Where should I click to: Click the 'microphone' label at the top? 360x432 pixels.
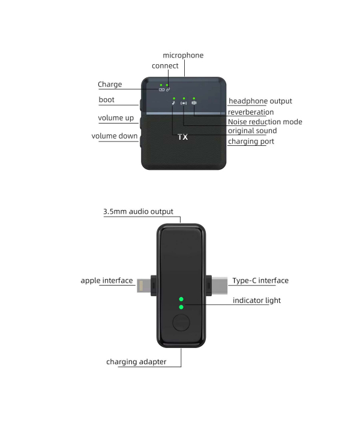point(183,55)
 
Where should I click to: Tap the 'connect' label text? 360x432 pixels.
point(165,66)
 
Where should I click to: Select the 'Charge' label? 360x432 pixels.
point(110,85)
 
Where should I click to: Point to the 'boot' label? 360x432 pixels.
point(106,100)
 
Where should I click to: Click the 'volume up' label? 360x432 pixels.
point(116,118)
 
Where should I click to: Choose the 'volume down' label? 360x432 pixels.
point(115,136)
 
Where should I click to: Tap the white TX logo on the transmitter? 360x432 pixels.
point(182,137)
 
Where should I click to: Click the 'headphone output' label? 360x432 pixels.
point(260,101)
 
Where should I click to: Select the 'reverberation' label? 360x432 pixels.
point(251,112)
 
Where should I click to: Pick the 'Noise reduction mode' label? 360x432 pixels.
point(265,122)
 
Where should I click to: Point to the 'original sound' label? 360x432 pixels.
point(253,131)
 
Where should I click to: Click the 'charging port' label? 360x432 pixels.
point(251,142)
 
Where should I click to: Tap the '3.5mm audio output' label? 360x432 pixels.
point(138,212)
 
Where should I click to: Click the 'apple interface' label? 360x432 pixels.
point(107,281)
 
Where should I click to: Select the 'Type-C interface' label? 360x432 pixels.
point(260,281)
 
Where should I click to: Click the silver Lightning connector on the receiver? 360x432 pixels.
point(144,286)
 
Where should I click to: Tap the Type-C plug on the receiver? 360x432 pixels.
point(220,286)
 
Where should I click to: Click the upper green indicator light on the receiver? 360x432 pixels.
point(181,299)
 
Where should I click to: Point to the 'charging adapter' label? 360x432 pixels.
point(136,362)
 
